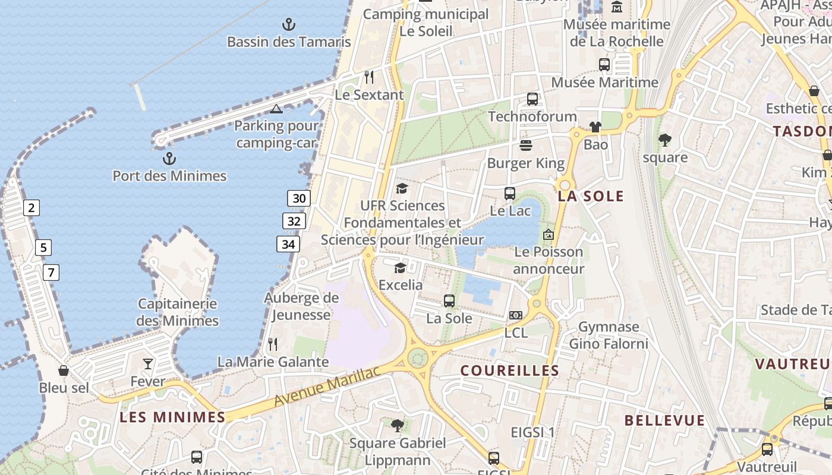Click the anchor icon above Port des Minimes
tap(169, 159)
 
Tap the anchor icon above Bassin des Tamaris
tap(288, 24)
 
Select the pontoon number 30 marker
tap(299, 198)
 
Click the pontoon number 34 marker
tap(288, 244)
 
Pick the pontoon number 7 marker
tap(51, 273)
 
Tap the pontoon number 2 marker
tap(31, 208)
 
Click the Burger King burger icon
tap(526, 145)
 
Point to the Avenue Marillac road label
tap(326, 387)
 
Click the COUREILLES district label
tap(510, 370)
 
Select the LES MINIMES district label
tap(172, 417)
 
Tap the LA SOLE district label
tap(591, 196)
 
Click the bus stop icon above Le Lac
tap(510, 193)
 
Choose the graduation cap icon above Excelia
tap(401, 268)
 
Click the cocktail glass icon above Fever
tap(148, 364)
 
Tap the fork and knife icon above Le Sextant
tap(369, 77)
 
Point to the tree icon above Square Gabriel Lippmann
tap(398, 425)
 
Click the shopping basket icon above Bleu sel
tap(64, 370)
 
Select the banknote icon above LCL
tap(515, 315)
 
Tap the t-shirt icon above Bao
tap(595, 127)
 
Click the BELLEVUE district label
tap(664, 420)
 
